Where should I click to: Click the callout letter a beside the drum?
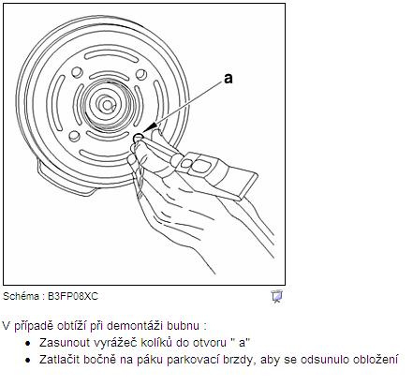pos(229,79)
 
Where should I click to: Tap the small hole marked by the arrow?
pos(138,137)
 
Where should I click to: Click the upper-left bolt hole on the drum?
pos(77,72)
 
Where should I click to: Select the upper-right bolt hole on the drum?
pos(141,74)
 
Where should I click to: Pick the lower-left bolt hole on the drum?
pos(74,136)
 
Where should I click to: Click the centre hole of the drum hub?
pos(108,105)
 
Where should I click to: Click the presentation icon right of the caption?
pos(276,296)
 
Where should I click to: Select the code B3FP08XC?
pos(73,296)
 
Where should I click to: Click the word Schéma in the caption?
pos(21,296)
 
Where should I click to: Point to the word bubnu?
pos(183,325)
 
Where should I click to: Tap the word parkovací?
pos(193,360)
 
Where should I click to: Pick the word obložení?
pos(376,360)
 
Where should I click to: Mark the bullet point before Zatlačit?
pos(28,360)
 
